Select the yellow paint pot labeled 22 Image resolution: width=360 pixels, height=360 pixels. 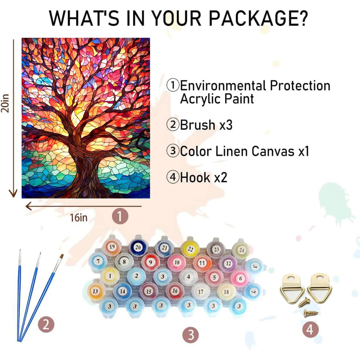(x=190, y=249)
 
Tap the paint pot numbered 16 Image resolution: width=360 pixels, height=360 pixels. (x=175, y=291)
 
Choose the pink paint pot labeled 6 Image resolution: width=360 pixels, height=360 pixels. (x=240, y=278)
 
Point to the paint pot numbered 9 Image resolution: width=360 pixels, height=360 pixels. (x=150, y=262)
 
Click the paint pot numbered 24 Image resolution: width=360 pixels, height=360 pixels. (x=241, y=250)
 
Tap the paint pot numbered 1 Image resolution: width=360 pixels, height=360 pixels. (x=110, y=276)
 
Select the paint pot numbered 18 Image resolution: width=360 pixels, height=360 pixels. (x=226, y=292)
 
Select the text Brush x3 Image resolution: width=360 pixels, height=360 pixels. (x=206, y=125)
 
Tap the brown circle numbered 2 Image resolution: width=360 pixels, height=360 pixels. (x=46, y=325)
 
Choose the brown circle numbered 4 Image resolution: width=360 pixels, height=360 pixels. (x=310, y=329)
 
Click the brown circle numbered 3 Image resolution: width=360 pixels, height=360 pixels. (x=191, y=335)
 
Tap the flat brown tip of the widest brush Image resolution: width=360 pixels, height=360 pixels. (x=61, y=257)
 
